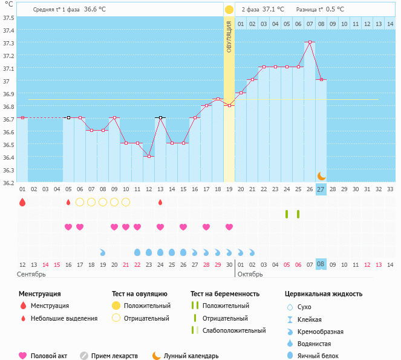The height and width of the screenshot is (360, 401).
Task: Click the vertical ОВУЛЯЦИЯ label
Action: [229, 37]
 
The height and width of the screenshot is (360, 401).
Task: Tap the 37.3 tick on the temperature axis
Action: [8, 44]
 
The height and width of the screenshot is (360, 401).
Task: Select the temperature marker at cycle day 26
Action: [310, 42]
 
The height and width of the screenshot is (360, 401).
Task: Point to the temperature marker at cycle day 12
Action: [149, 156]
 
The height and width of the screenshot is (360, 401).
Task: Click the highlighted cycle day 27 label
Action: [321, 189]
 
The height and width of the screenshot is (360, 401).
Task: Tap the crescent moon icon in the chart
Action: [322, 175]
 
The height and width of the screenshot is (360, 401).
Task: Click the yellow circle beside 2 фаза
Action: [229, 10]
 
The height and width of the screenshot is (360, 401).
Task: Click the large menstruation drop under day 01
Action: [22, 202]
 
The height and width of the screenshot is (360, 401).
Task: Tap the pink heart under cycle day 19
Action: [229, 227]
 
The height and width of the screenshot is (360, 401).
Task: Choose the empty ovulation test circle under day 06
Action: [80, 202]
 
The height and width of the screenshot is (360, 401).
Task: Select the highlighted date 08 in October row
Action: [321, 264]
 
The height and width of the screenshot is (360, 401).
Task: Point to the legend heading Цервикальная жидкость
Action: [324, 294]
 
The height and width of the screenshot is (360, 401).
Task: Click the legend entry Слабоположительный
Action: [234, 330]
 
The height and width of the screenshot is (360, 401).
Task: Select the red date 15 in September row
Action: [57, 264]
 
